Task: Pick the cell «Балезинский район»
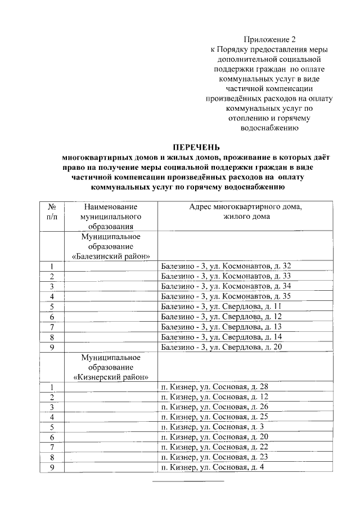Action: [110, 256]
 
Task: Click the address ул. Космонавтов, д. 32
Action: [226, 265]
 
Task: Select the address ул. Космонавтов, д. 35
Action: [226, 296]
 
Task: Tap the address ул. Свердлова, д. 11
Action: [221, 306]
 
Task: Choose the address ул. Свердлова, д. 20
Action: [221, 346]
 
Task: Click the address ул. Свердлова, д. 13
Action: [221, 326]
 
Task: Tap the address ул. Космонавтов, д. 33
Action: [226, 276]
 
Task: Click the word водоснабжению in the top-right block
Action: [269, 128]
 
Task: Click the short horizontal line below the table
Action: [188, 481]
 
